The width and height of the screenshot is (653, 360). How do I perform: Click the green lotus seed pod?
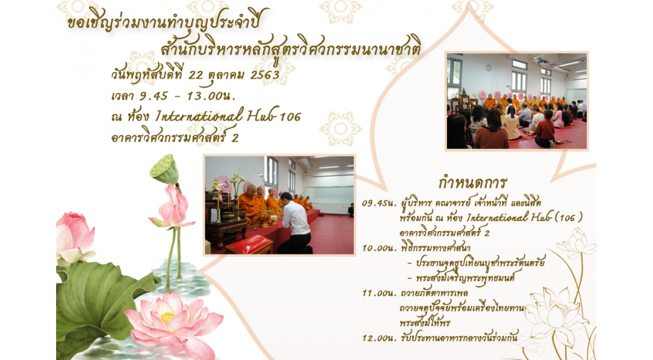164,169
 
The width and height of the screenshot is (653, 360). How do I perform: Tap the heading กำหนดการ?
472,183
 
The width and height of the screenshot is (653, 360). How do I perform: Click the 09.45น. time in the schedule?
380,203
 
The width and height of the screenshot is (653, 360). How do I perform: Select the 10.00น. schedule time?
380,248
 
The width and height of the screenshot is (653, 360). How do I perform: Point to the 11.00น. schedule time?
380,293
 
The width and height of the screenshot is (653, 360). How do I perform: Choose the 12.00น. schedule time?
380,338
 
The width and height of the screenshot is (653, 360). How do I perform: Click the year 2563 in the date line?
265,75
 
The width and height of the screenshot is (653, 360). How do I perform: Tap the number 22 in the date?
195,75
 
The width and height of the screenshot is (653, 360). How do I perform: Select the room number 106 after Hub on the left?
290,117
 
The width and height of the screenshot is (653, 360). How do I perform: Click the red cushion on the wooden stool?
249,242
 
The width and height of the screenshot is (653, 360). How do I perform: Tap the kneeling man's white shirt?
295,218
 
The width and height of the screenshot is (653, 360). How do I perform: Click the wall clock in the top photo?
488,68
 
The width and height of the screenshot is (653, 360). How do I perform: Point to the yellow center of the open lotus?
167,318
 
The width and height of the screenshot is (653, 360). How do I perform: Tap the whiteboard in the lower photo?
329,195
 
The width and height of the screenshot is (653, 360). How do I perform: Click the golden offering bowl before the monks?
265,219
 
